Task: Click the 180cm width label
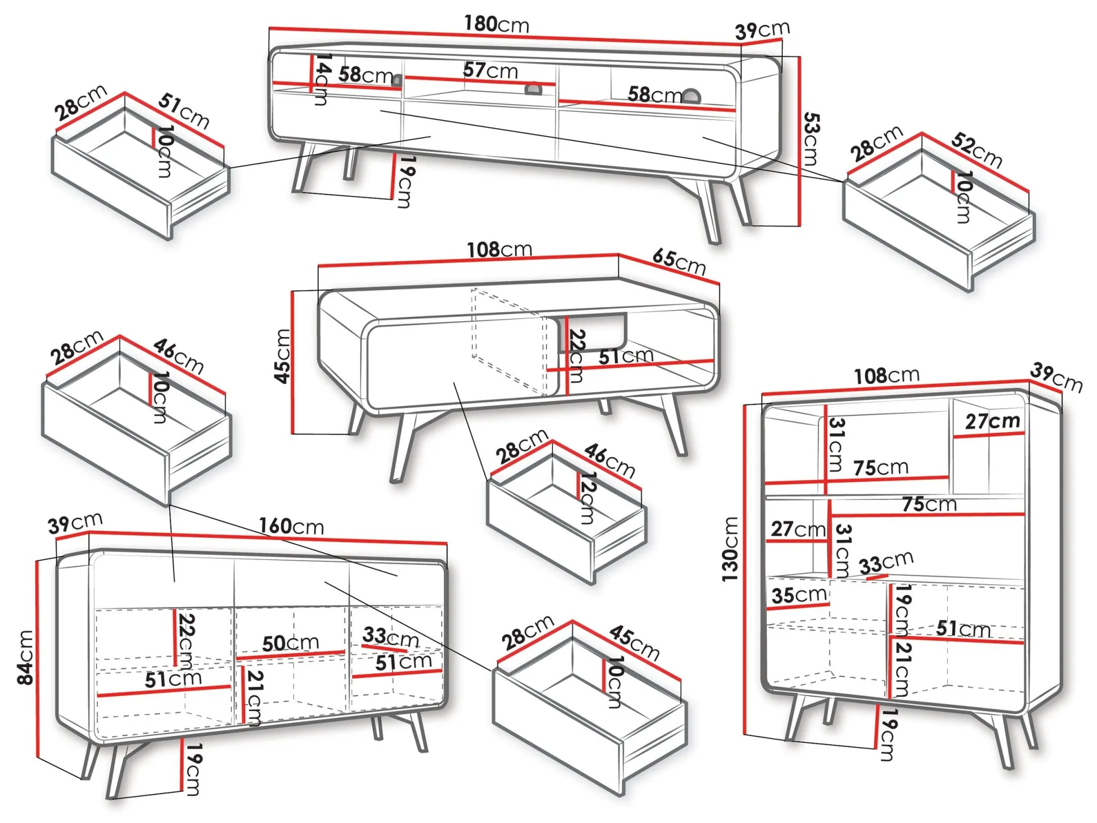(496, 24)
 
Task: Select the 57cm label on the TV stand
(490, 70)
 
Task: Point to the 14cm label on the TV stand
(322, 79)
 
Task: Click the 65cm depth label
(679, 262)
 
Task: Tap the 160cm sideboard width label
(291, 526)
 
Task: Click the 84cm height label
(25, 657)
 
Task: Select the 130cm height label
(730, 549)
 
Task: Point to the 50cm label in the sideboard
(291, 643)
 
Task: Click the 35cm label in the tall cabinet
(798, 595)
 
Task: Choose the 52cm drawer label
(977, 150)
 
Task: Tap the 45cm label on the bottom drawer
(634, 643)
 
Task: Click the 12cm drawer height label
(588, 498)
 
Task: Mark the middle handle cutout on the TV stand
(533, 88)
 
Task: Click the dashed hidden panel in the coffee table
(509, 339)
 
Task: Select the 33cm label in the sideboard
(390, 637)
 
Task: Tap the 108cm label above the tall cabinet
(886, 376)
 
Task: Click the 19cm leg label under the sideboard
(193, 769)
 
